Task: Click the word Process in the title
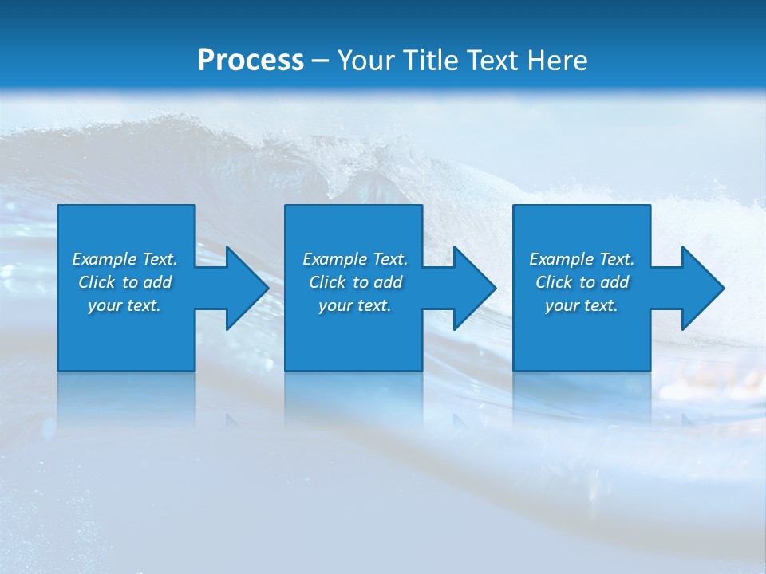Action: click(x=251, y=61)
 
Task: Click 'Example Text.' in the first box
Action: click(x=124, y=259)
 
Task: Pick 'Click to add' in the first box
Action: click(x=124, y=282)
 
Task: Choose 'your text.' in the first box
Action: click(x=124, y=305)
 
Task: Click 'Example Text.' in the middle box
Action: click(x=354, y=259)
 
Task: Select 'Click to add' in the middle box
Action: click(x=354, y=282)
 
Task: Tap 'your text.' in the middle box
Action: click(x=354, y=305)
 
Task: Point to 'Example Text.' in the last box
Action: click(x=581, y=259)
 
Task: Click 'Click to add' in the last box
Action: click(x=581, y=282)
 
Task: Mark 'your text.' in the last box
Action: click(x=581, y=305)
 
